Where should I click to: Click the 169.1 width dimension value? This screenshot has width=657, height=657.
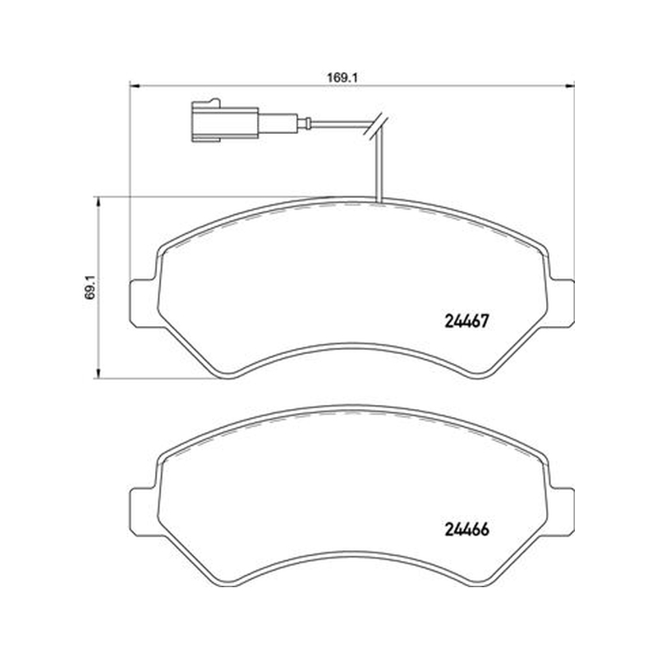pyautogui.click(x=341, y=78)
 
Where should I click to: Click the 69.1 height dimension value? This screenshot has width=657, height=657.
pyautogui.click(x=90, y=287)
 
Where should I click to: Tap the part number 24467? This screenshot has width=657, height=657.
pyautogui.click(x=466, y=321)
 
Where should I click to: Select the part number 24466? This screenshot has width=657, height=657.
pyautogui.click(x=466, y=530)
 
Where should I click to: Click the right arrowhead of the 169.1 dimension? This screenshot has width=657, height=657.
pyautogui.click(x=570, y=86)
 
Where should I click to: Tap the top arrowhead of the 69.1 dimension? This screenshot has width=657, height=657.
pyautogui.click(x=99, y=202)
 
